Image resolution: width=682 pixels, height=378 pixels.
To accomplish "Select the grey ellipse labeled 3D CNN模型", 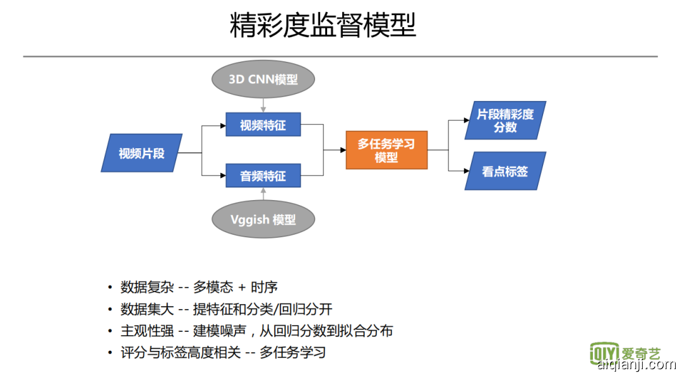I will click(263, 80).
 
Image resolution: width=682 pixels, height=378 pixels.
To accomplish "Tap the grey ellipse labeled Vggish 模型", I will click(263, 220).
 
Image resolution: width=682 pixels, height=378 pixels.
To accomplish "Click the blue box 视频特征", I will click(263, 125).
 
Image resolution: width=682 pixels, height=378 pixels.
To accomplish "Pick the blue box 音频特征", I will click(263, 175).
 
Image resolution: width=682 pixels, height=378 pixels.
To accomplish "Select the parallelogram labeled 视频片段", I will click(141, 153).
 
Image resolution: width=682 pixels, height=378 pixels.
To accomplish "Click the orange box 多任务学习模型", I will click(386, 150).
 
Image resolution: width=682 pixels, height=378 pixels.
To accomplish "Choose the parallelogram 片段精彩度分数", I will click(505, 121).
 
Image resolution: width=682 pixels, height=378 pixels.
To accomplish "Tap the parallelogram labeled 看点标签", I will click(505, 171).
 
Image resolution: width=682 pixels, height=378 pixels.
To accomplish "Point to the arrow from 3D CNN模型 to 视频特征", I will click(263, 105).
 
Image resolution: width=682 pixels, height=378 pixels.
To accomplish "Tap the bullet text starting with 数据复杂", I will click(199, 288).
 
